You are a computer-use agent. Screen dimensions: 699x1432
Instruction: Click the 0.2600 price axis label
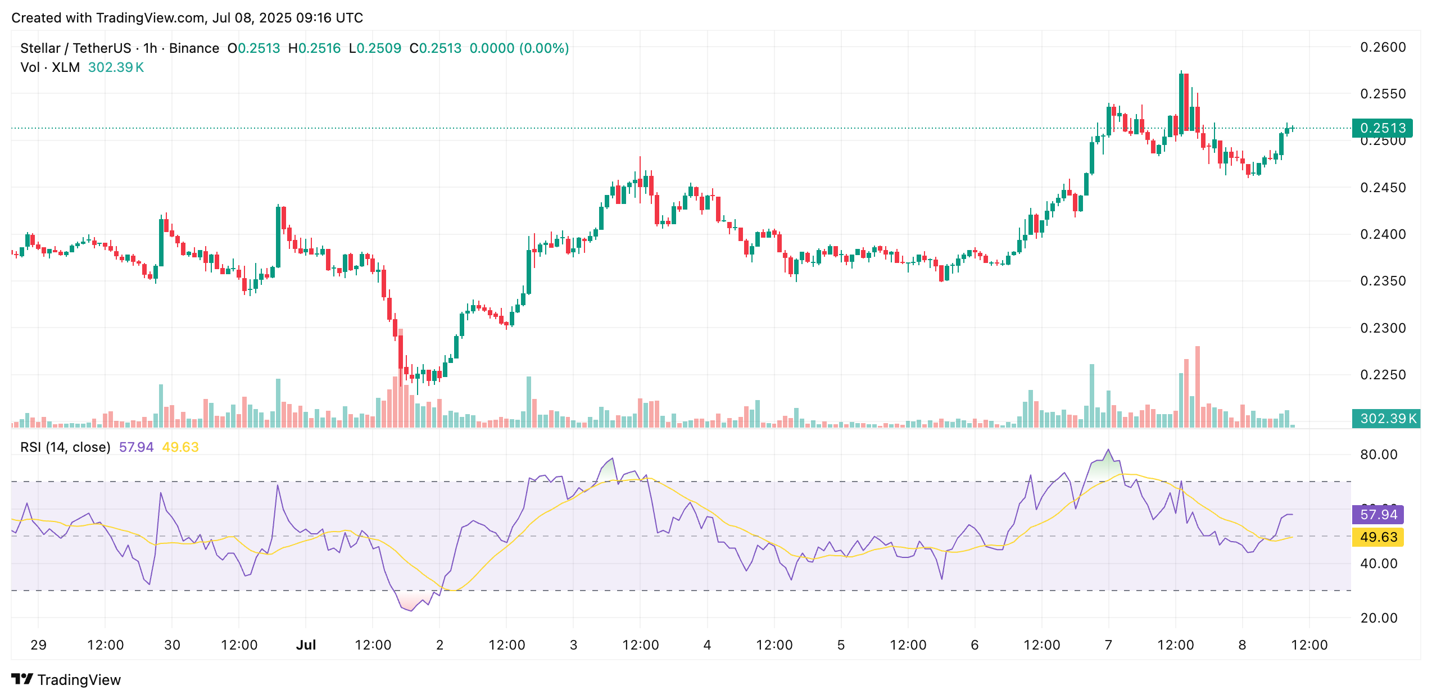point(1383,47)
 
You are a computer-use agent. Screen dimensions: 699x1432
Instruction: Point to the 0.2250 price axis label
point(1383,374)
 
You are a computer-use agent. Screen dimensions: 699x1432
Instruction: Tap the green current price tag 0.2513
point(1382,128)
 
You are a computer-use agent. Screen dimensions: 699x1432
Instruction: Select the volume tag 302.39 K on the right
point(1386,419)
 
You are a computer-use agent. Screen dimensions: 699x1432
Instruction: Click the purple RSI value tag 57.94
point(1378,515)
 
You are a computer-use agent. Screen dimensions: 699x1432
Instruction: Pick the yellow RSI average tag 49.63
point(1378,537)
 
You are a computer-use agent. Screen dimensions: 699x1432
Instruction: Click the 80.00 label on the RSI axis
point(1378,455)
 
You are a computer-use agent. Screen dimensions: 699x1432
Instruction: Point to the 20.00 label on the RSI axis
point(1378,618)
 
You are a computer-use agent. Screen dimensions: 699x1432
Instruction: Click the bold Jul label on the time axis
point(306,645)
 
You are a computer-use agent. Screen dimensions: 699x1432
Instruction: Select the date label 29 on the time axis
point(38,645)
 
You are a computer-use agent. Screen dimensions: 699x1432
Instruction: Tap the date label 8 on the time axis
point(1242,645)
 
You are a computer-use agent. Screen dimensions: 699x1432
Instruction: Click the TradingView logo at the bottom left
point(66,680)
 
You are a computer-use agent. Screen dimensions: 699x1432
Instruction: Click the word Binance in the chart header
point(194,48)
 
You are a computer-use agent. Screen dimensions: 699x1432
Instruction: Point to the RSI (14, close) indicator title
point(65,447)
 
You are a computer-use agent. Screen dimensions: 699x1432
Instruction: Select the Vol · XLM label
point(50,67)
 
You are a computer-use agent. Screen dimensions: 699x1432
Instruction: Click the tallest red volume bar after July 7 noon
point(1198,388)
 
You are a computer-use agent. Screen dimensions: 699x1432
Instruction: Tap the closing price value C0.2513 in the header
point(436,48)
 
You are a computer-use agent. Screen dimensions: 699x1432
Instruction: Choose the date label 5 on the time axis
point(841,645)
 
